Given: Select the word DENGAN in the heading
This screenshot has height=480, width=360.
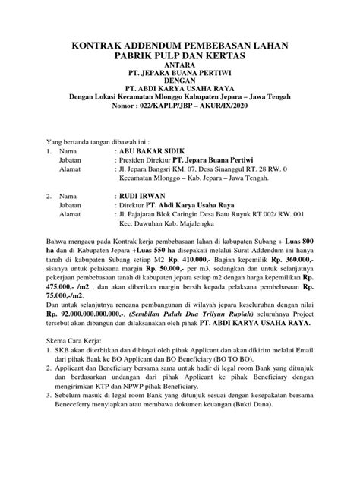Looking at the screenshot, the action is click(180, 86).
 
